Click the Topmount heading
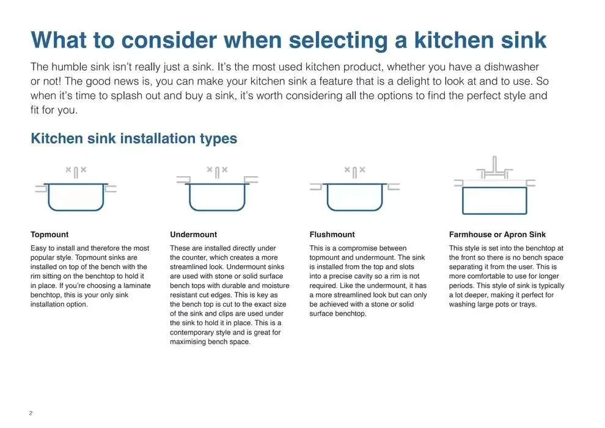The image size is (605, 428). [x=50, y=234]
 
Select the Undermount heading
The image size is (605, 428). [x=193, y=234]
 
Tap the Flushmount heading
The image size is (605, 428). [x=332, y=234]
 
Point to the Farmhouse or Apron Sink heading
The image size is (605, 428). [x=497, y=234]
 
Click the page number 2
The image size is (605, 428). [x=31, y=413]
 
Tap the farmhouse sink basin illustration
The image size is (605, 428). [x=494, y=200]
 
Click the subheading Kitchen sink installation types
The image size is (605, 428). [x=133, y=138]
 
